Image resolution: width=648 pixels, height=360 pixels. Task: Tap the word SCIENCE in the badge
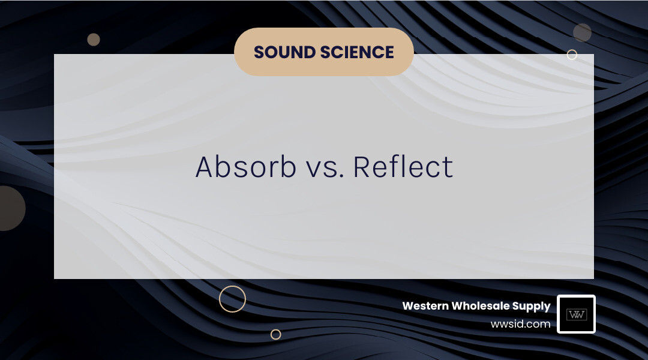[x=360, y=52]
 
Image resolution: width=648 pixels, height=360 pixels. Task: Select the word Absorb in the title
[x=246, y=167]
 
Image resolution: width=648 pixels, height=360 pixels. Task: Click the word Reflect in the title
[x=403, y=167]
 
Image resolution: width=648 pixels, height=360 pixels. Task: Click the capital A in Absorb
[x=205, y=167]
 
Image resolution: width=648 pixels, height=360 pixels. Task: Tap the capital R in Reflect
[x=362, y=167]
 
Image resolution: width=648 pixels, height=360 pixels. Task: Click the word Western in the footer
[x=425, y=306]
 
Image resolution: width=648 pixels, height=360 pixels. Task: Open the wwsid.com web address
[x=520, y=324]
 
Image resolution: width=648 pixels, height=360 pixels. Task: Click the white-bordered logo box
[x=576, y=314]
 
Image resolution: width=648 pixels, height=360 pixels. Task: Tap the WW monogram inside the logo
[x=576, y=314]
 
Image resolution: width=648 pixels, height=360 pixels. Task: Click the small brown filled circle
[x=93, y=40]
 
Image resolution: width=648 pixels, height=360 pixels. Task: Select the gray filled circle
[x=582, y=32]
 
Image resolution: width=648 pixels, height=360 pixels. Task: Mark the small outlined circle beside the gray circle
[x=572, y=55]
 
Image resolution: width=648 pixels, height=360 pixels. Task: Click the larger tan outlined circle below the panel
[x=232, y=299]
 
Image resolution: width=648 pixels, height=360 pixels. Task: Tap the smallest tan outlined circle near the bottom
[x=275, y=334]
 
